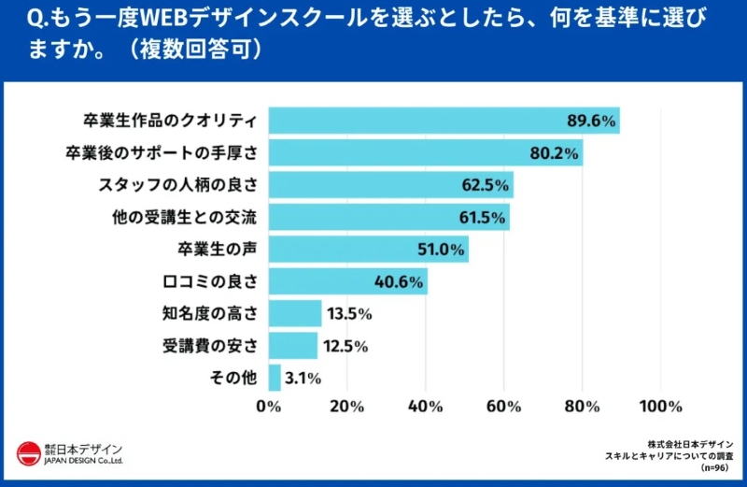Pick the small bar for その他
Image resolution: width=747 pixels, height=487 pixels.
click(275, 378)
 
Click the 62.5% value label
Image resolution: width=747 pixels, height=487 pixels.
click(485, 185)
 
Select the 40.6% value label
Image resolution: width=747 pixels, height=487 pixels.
click(401, 281)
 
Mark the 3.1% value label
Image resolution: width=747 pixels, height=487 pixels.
click(303, 378)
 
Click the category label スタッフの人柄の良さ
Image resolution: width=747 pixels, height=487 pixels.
click(177, 185)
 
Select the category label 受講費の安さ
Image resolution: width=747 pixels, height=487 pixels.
click(203, 346)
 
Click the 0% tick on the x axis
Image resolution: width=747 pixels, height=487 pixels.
click(269, 407)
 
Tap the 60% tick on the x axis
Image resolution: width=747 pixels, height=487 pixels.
click(504, 407)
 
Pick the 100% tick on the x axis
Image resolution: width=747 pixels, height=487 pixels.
click(661, 407)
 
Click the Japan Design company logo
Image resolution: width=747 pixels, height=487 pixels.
click(70, 453)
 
